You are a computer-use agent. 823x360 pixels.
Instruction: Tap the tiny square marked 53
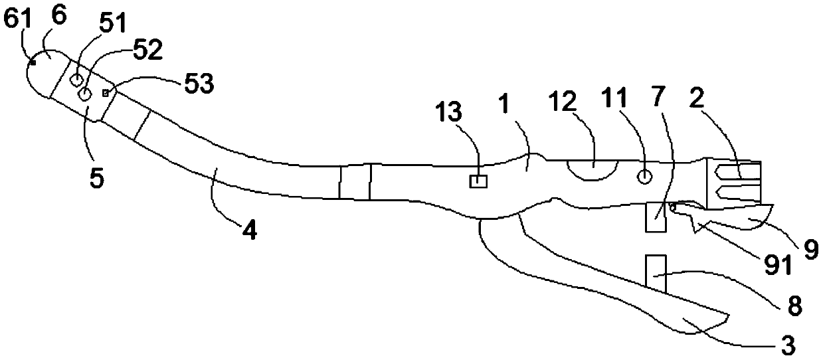tap(105, 92)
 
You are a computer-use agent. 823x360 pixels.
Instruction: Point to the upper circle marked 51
tap(77, 80)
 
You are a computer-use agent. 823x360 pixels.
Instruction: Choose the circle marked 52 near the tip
tap(85, 95)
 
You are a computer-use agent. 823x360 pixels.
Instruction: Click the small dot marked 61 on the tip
tap(33, 62)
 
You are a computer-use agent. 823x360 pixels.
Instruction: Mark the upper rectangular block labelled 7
tap(655, 217)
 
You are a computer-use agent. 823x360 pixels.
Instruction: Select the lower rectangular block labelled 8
tap(655, 273)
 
